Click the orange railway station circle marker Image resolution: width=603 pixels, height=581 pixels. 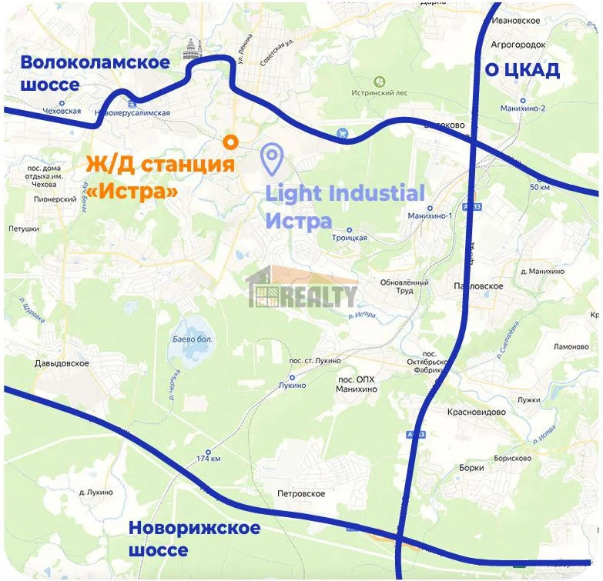pos(229,141)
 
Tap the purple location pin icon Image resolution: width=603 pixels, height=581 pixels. pos(272,159)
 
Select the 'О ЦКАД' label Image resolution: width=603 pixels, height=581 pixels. pos(521,71)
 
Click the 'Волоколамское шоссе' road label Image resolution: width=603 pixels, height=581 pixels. pos(95,73)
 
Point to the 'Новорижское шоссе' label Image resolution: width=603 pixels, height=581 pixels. pos(194,539)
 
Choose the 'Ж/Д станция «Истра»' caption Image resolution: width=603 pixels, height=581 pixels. pos(159,176)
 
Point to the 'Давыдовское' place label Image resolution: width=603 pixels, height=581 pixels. pos(62,363)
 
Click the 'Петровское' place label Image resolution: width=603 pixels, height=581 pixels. pos(300,493)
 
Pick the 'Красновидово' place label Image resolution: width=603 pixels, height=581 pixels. pos(477,412)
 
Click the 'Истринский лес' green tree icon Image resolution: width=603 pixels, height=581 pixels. pos(378,81)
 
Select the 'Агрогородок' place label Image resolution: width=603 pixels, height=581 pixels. pos(523,46)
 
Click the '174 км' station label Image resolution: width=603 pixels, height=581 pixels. pos(209,459)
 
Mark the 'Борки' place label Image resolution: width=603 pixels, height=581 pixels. pos(471,467)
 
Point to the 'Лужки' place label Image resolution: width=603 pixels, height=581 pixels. pos(529,399)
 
